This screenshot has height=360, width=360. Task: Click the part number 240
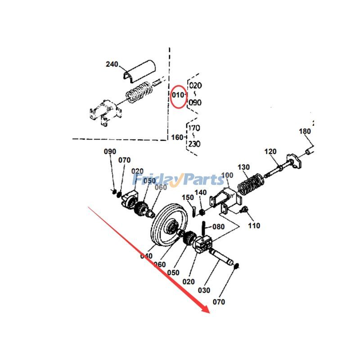tap(112, 64)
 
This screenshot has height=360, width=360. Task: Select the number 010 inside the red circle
tap(178, 95)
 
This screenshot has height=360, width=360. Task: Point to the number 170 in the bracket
tap(194, 127)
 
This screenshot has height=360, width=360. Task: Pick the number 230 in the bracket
tap(194, 144)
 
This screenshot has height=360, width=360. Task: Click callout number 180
tap(305, 131)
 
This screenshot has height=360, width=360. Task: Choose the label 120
tap(270, 152)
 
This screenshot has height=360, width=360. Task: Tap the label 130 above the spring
tap(243, 167)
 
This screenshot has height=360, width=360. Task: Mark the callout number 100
tap(228, 175)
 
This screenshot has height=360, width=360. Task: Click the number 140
tap(201, 193)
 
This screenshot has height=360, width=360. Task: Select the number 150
tap(188, 197)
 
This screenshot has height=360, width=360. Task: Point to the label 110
tap(254, 225)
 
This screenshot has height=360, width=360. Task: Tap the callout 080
tap(218, 227)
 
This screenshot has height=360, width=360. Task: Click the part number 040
tap(146, 256)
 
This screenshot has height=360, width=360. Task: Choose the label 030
tap(205, 291)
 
